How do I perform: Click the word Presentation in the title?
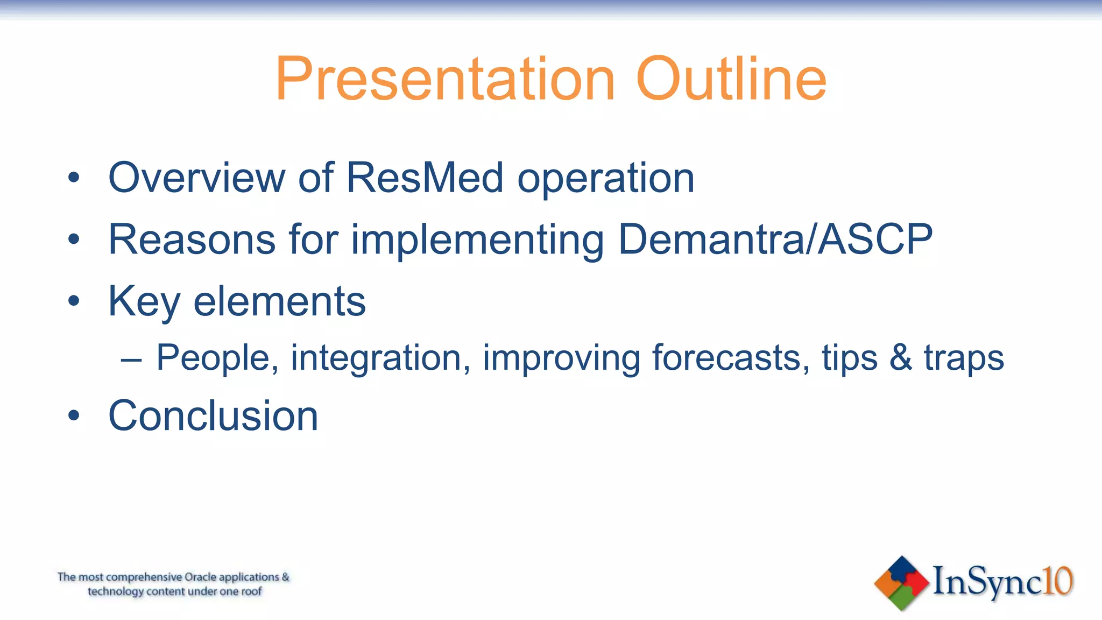point(445,80)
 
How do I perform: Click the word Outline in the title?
point(731,80)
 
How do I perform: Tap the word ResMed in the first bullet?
point(425,178)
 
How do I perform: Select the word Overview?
point(197,178)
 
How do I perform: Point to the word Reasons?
point(192,239)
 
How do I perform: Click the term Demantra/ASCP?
point(775,239)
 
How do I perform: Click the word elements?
point(279,301)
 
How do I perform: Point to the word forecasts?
point(730,358)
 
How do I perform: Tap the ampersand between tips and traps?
point(901,358)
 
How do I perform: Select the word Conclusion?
point(213,416)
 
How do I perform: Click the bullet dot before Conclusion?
point(74,416)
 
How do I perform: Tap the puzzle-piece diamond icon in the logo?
point(901,583)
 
